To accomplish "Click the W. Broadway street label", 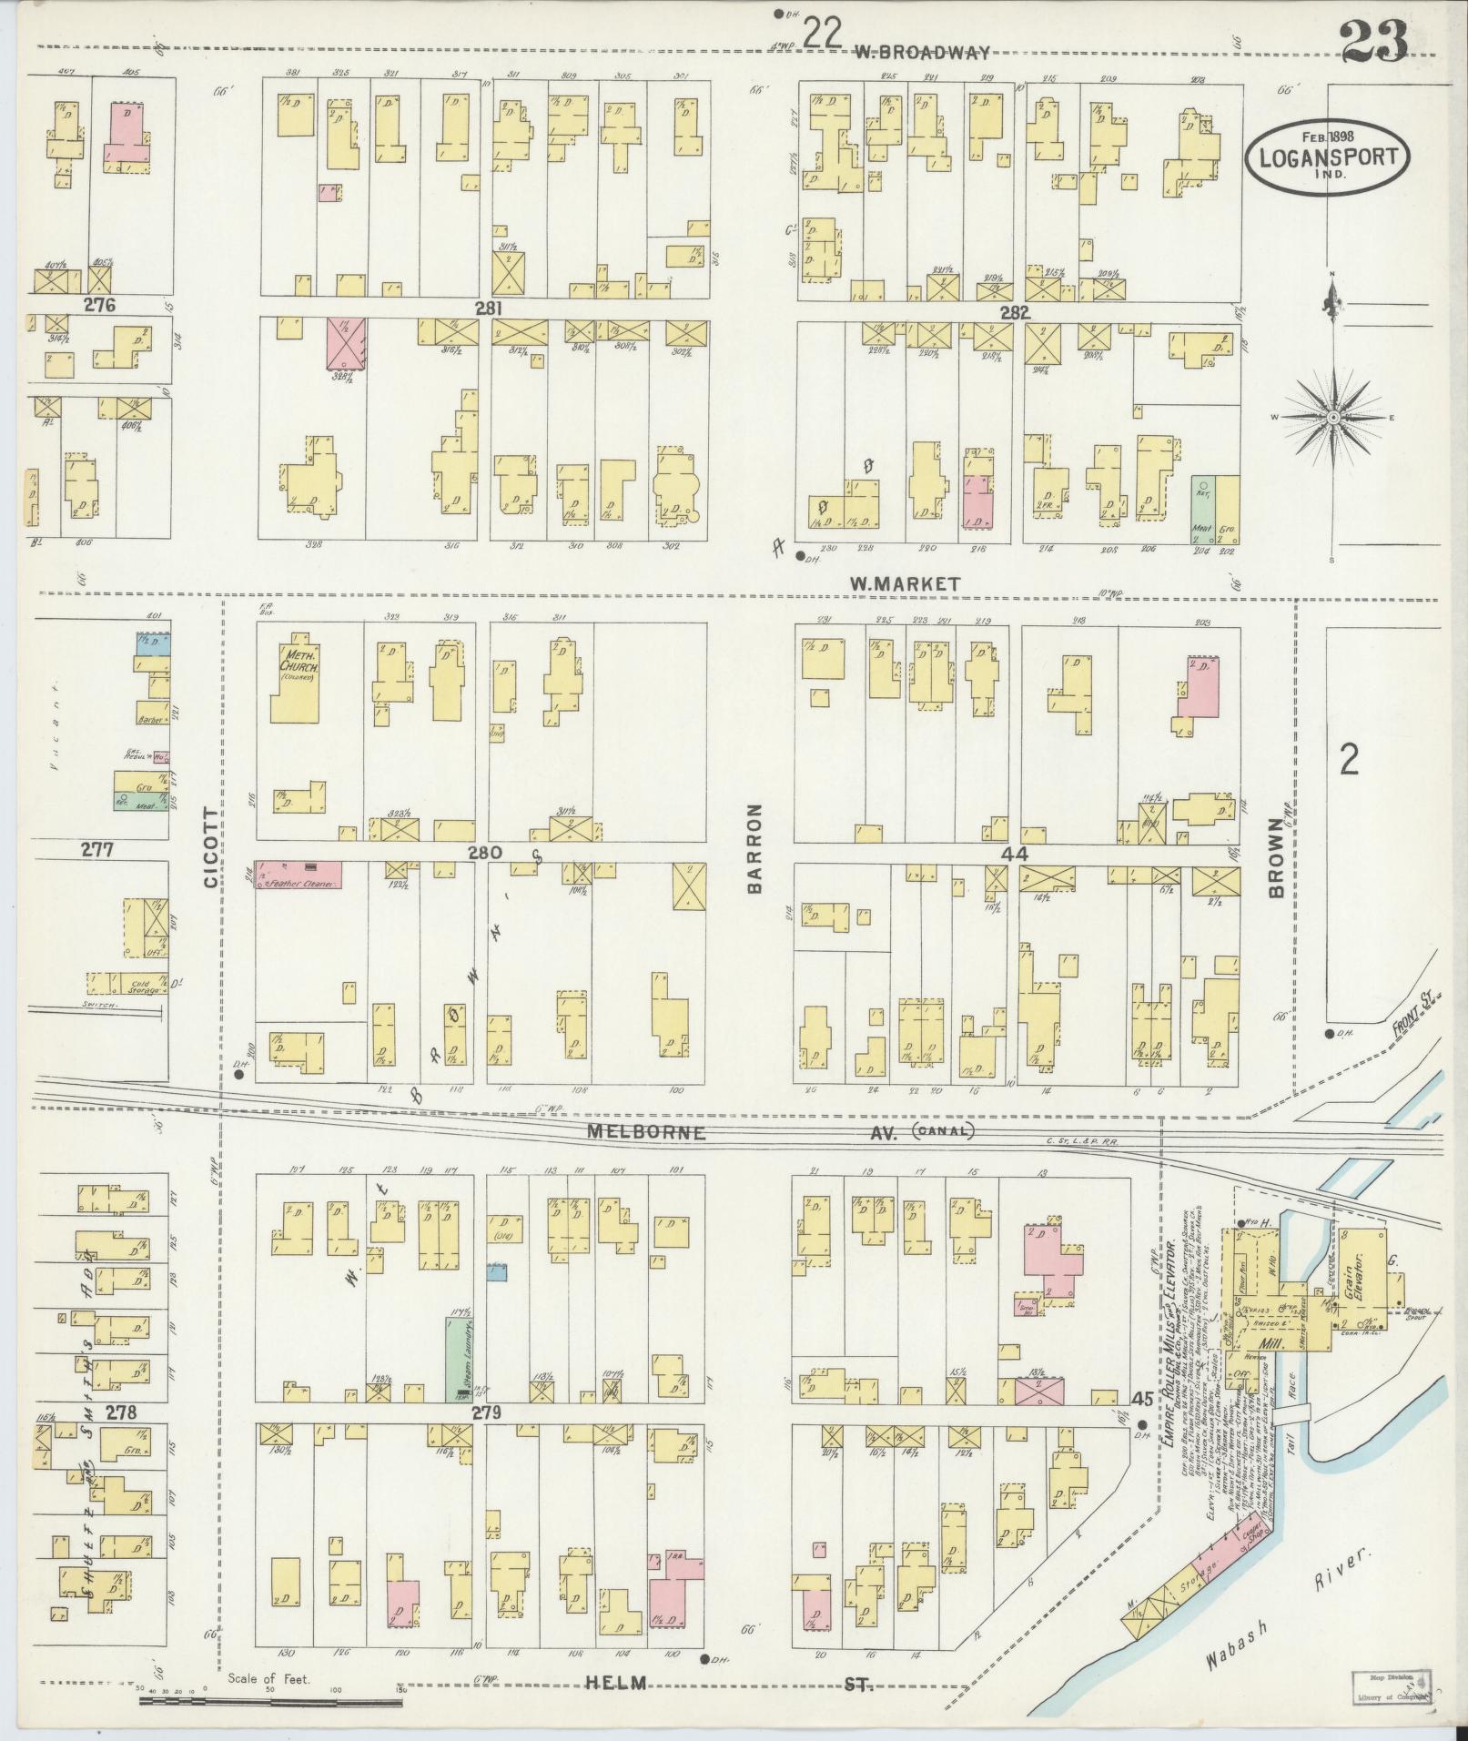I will click(921, 53).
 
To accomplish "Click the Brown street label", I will click(1275, 855).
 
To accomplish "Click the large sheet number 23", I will click(1373, 40).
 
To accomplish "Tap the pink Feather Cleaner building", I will click(299, 875).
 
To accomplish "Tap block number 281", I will click(488, 309).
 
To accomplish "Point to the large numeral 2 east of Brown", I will click(1349, 757).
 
